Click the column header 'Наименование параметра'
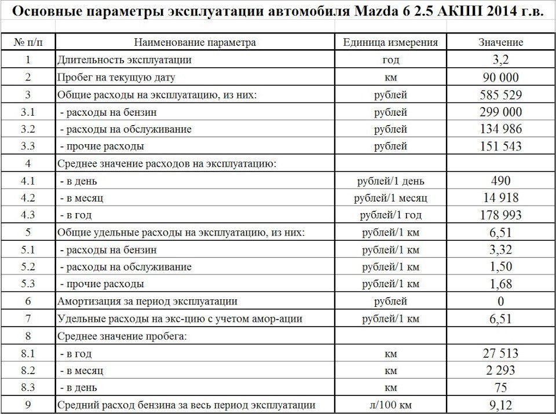pyautogui.click(x=195, y=42)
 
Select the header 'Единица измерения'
pyautogui.click(x=390, y=42)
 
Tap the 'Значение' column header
pyautogui.click(x=500, y=42)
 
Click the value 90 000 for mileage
pyautogui.click(x=500, y=77)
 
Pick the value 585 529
pyautogui.click(x=500, y=94)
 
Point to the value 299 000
pyautogui.click(x=500, y=112)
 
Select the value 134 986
pyautogui.click(x=500, y=129)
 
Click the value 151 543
pyautogui.click(x=500, y=146)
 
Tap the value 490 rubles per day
pyautogui.click(x=500, y=181)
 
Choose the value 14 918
pyautogui.click(x=500, y=198)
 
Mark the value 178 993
pyautogui.click(x=500, y=215)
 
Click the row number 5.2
pyautogui.click(x=28, y=267)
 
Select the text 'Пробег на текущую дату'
pyautogui.click(x=116, y=77)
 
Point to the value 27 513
pyautogui.click(x=500, y=353)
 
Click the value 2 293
pyautogui.click(x=500, y=370)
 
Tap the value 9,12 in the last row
pyautogui.click(x=500, y=405)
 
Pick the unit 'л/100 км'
pyautogui.click(x=390, y=405)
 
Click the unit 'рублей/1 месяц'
pyautogui.click(x=390, y=198)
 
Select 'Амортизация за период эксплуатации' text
pyautogui.click(x=147, y=302)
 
